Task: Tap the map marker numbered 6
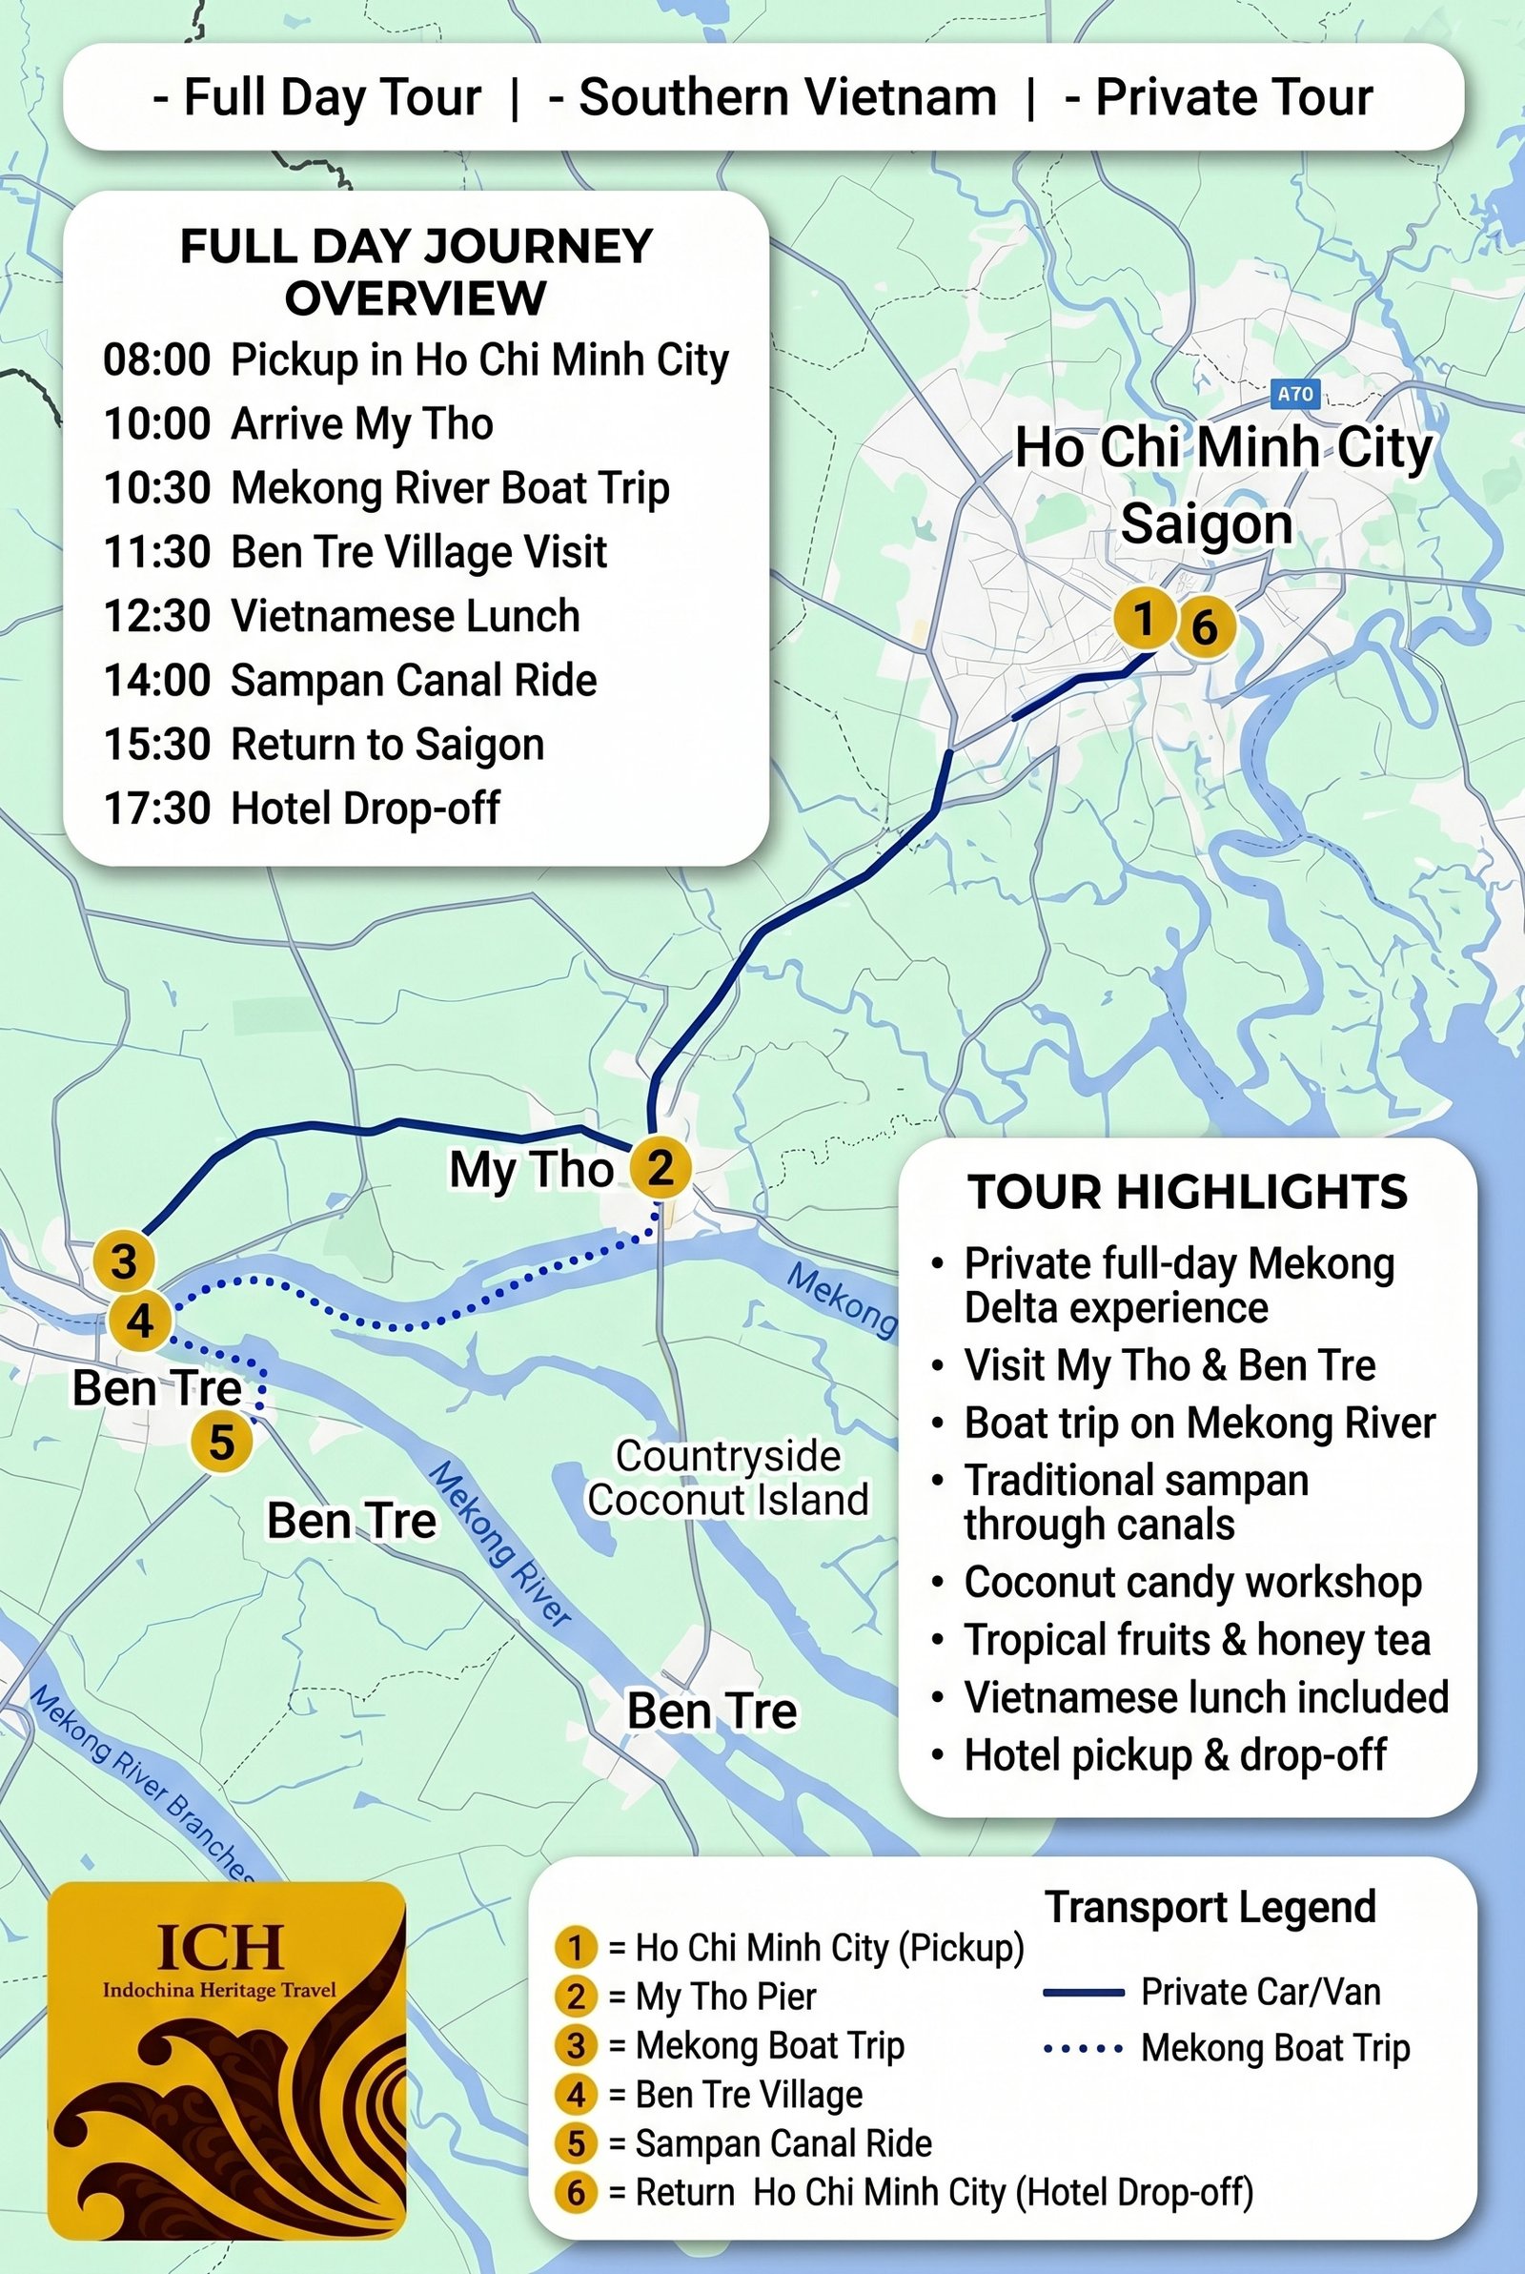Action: coord(1205,627)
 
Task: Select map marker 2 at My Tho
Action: coord(661,1167)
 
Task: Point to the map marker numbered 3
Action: coord(125,1261)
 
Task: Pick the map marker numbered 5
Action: coord(222,1441)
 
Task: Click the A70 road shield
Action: coord(1294,394)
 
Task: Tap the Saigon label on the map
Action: coord(1207,524)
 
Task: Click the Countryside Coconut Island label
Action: coord(727,1478)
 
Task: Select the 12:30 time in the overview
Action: coord(156,617)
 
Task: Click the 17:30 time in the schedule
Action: coord(156,809)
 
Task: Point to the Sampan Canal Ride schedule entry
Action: coord(414,681)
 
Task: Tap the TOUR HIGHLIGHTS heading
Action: coord(1187,1193)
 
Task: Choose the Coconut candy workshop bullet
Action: coord(1192,1583)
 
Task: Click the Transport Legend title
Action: coord(1210,1907)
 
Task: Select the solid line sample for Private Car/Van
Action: coord(1083,1993)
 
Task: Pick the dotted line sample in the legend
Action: coord(1083,2048)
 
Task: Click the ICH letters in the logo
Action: coord(220,1948)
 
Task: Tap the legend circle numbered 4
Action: coord(576,2094)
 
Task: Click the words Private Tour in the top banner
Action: coord(1233,97)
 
